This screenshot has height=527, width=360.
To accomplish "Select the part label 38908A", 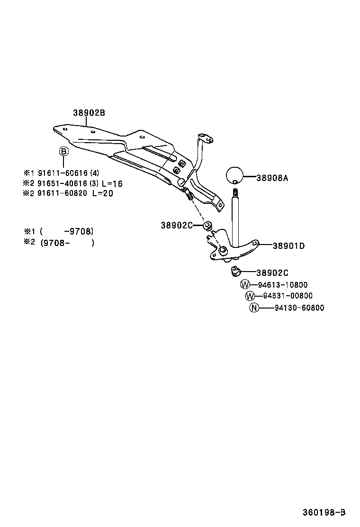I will coord(272,178).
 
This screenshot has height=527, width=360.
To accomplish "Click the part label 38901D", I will coord(288,245).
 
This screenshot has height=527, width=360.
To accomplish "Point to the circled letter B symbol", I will coord(63,152).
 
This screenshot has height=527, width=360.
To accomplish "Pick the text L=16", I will coord(112,183).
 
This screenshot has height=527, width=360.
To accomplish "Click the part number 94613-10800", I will coord(283,285).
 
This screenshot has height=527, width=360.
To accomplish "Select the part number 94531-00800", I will coord(288,296).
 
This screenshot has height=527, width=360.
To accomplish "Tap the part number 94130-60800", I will coord(299,308).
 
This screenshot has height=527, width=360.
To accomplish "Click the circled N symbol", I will coord(254,308).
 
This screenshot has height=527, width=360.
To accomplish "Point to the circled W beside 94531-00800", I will coord(250,296).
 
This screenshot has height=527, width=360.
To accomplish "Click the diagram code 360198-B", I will coord(324,512).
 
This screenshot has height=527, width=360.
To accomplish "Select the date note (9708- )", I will coord(67,243).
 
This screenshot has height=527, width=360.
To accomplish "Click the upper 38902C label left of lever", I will coord(177,226).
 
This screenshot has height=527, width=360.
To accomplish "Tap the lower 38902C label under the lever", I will coord(272,273).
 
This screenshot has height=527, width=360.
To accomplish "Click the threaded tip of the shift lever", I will coord(234,193).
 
